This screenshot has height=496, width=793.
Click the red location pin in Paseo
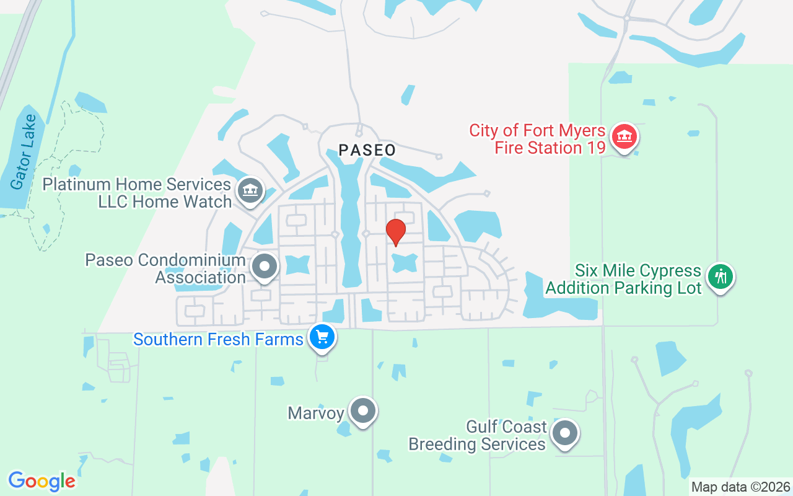tap(396, 231)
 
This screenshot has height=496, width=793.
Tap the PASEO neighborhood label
tap(367, 150)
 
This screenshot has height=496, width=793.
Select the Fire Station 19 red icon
tap(624, 137)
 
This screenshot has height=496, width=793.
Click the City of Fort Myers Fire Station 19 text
tap(537, 139)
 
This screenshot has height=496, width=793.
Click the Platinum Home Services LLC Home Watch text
tap(137, 193)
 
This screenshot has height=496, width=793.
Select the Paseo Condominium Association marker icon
tap(265, 267)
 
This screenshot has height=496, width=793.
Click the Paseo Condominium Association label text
tap(165, 268)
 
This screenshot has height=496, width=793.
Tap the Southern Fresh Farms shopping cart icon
tap(322, 337)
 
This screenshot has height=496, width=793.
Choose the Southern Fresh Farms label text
tap(218, 340)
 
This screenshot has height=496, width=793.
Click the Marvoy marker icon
tap(363, 410)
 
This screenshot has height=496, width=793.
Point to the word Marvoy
tap(316, 413)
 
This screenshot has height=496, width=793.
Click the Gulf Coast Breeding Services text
tap(477, 435)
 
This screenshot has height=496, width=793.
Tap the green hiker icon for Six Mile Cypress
tap(720, 277)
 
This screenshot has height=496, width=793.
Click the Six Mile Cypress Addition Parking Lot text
tap(623, 280)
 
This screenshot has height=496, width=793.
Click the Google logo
tap(42, 481)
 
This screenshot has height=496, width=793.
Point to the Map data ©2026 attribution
tap(740, 487)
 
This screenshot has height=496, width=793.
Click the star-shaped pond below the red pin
tap(404, 263)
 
